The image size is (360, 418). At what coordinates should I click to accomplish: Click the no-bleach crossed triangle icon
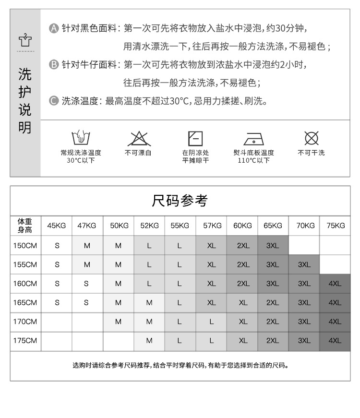(x=138, y=138)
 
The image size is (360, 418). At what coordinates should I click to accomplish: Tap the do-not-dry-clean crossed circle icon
(x=312, y=138)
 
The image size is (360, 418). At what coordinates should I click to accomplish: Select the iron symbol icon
(x=253, y=138)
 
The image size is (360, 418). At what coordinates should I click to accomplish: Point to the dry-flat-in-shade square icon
(x=195, y=138)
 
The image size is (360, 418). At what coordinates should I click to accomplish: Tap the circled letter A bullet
(x=54, y=28)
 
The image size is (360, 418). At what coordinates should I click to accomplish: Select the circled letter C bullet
(x=54, y=101)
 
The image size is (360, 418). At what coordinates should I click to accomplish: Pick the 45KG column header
(x=57, y=226)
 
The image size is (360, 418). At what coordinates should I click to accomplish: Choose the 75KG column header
(x=335, y=226)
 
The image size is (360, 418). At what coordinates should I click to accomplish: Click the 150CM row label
(x=25, y=245)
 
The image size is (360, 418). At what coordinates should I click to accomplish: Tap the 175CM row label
(x=25, y=341)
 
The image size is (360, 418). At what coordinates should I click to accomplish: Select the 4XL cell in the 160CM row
(x=335, y=284)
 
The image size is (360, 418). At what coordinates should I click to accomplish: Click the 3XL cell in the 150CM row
(x=273, y=245)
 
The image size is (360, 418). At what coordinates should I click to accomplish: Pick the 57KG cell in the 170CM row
(x=211, y=322)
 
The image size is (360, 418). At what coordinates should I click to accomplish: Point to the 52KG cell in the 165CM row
(x=149, y=303)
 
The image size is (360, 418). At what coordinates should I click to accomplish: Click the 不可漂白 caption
(x=138, y=153)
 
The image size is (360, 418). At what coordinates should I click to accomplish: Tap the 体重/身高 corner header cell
(x=25, y=226)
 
